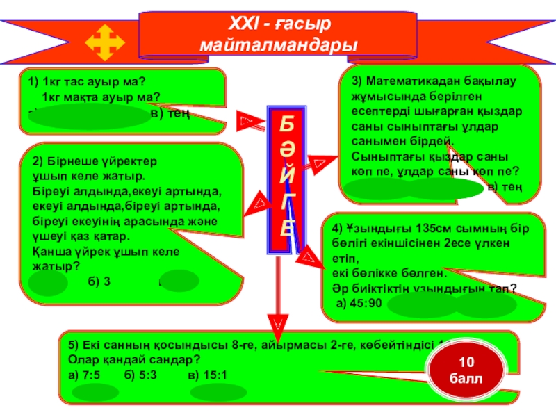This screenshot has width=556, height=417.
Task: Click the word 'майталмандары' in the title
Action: (278, 46)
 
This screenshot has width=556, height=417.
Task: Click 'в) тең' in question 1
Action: (170, 113)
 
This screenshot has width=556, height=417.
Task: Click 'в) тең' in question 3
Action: (505, 188)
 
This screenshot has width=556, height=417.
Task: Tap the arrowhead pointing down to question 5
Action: (277, 323)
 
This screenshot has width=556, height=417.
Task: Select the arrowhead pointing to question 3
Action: (320, 163)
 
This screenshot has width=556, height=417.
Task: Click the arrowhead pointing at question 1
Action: (246, 122)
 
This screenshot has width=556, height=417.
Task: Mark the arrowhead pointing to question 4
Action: (306, 257)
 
